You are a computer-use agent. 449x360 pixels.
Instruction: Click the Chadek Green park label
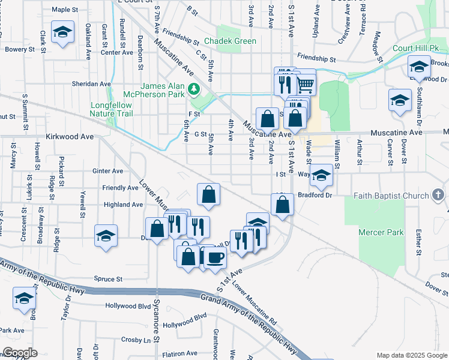[231, 41]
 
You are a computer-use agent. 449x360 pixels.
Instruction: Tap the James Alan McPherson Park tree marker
[193, 89]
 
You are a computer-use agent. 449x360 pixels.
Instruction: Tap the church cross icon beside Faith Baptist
[438, 195]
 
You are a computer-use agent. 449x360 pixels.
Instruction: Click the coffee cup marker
[215, 257]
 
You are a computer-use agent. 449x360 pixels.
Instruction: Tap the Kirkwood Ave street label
[70, 137]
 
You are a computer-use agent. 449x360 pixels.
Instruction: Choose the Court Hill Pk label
[412, 48]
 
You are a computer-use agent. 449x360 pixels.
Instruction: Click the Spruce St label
[108, 279]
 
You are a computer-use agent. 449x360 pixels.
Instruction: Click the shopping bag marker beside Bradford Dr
[282, 205]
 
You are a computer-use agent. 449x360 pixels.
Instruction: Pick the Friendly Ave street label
[121, 188]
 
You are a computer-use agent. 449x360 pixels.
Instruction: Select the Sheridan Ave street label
[91, 84]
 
